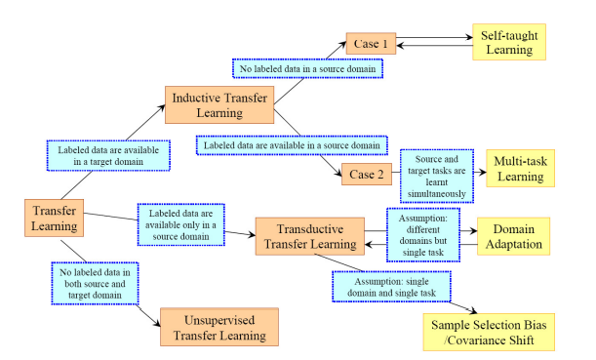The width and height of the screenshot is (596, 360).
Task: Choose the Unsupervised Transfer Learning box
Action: click(219, 327)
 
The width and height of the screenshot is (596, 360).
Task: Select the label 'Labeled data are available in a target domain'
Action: click(109, 154)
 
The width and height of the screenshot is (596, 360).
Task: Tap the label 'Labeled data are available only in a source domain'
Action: click(181, 224)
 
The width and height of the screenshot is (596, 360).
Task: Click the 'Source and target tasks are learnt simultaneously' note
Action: click(438, 175)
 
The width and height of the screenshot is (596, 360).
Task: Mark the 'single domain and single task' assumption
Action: click(394, 285)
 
